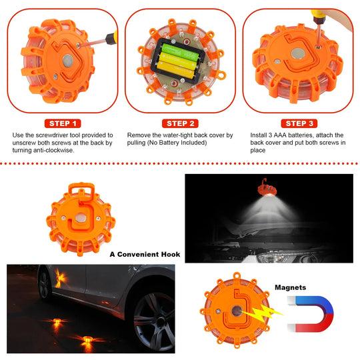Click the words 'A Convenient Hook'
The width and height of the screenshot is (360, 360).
pos(145,255)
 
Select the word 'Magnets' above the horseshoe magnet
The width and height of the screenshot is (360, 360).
pos(291,288)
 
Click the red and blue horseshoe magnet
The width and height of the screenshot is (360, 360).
pos(313,317)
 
